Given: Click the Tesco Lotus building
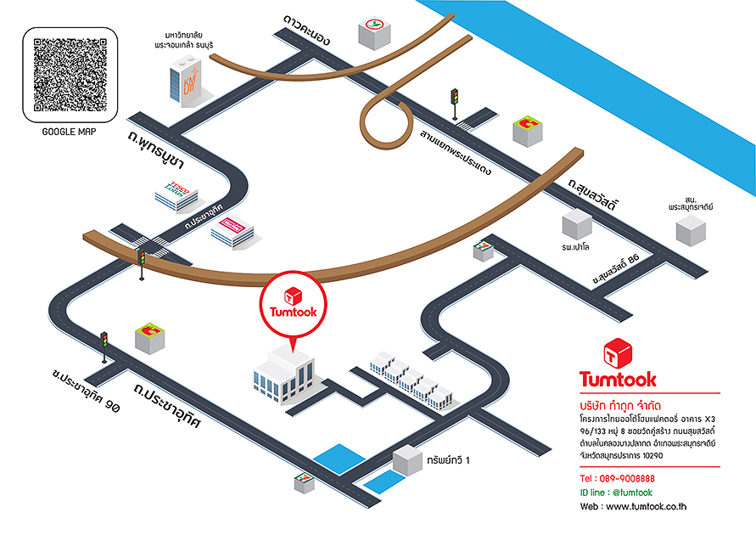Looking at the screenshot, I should pos(176,195).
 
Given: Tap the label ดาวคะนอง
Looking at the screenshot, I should pos(307,30).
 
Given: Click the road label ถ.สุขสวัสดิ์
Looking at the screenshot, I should pos(591,194).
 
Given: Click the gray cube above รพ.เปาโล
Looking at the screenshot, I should pos(576,225).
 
